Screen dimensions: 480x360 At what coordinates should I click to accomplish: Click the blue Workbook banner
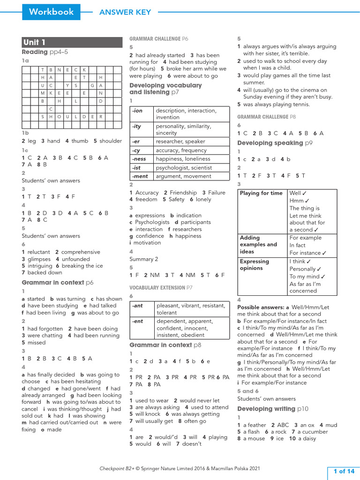(x=51, y=12)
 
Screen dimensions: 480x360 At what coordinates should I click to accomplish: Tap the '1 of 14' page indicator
(x=343, y=471)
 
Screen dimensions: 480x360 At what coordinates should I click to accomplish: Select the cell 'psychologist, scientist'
(x=184, y=167)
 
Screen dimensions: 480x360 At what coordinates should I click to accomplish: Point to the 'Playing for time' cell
(x=262, y=193)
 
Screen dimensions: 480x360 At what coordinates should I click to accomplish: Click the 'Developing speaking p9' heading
(x=275, y=143)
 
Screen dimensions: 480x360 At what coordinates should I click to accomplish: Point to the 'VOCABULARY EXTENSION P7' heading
(x=161, y=287)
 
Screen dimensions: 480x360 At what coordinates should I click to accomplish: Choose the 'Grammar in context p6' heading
(x=58, y=282)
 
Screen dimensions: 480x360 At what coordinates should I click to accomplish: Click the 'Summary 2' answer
(x=143, y=259)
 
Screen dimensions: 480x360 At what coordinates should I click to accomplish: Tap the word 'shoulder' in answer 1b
(x=111, y=141)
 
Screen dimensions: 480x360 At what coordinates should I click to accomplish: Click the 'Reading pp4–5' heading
(x=45, y=52)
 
